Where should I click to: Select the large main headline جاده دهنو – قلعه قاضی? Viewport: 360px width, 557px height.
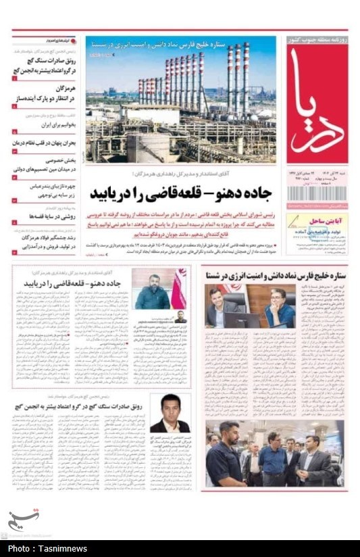coord(181,194)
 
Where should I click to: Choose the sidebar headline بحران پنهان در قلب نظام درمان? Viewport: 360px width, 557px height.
coord(45,143)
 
